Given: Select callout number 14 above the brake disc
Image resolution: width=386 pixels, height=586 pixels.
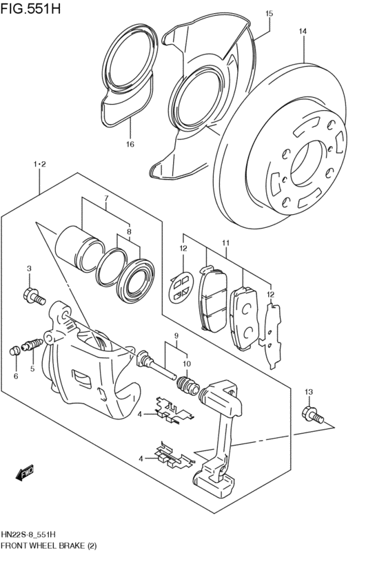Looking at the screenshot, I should [302, 31].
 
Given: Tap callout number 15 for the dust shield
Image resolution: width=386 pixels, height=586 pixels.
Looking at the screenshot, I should [269, 13].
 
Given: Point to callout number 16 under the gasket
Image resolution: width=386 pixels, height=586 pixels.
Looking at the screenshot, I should [130, 144].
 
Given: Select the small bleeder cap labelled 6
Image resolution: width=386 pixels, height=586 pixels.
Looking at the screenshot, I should [15, 351].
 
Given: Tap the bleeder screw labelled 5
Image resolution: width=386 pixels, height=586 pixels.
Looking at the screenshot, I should [32, 344].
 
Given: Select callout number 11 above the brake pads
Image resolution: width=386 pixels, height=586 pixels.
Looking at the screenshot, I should [225, 242].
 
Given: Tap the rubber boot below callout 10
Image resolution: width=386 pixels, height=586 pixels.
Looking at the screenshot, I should [185, 384].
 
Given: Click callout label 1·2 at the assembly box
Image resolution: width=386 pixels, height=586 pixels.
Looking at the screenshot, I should [39, 164].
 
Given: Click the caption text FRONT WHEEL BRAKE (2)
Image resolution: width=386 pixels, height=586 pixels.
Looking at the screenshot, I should [52, 545].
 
